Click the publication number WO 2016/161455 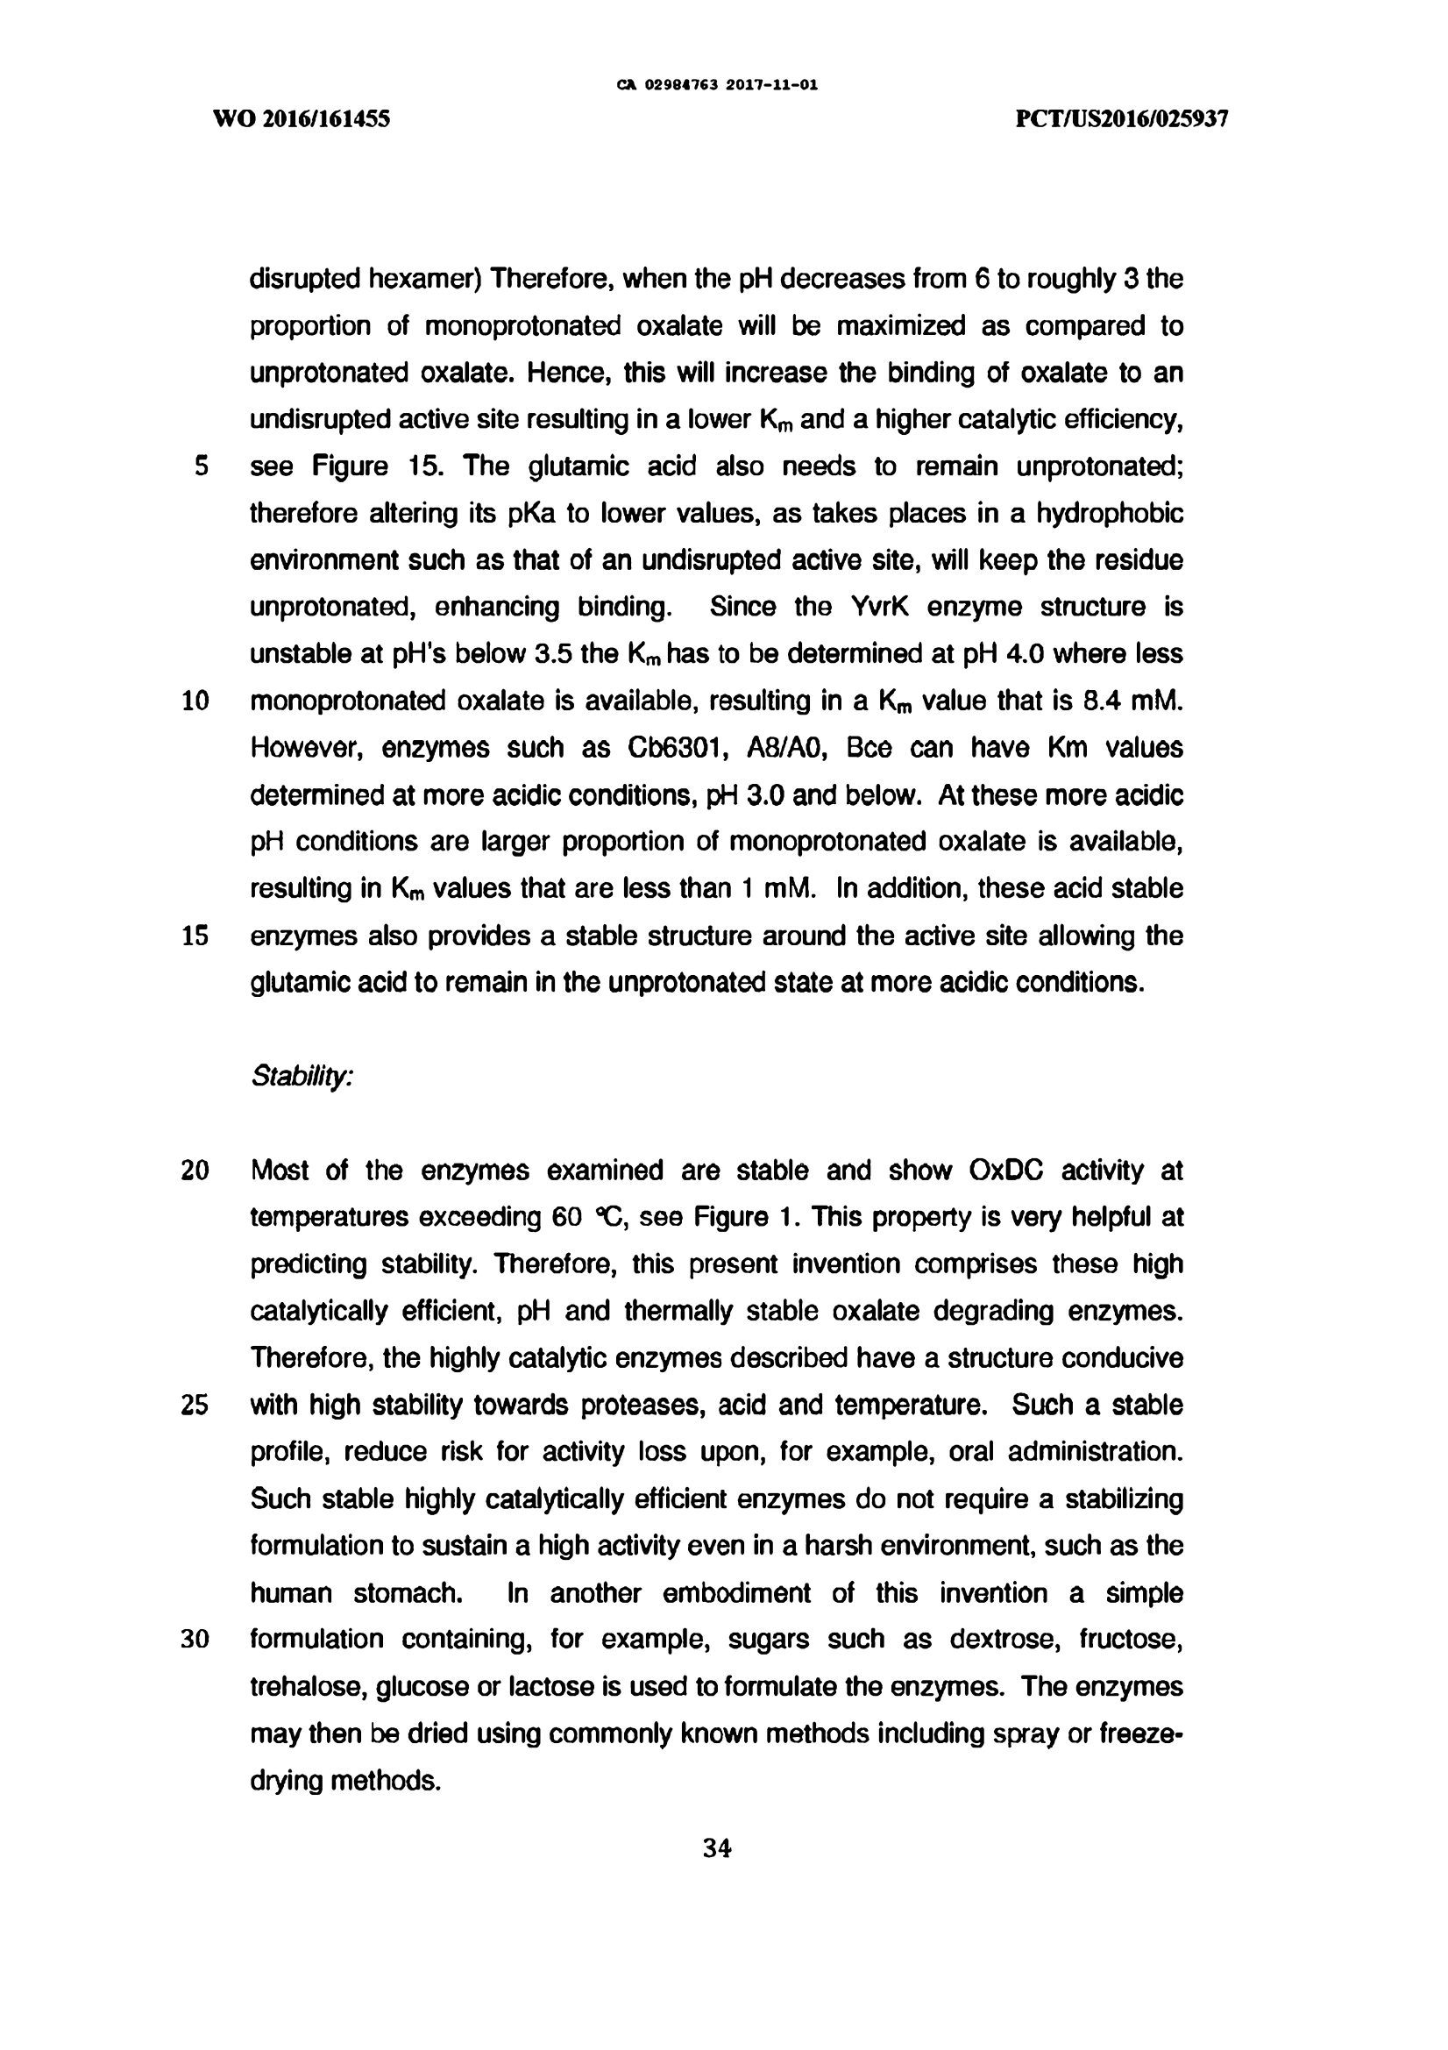point(302,118)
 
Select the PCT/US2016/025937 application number point(1122,118)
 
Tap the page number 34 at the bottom point(717,1848)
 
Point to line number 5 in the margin point(201,466)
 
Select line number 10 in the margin point(195,701)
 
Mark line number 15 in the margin point(195,936)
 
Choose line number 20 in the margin point(195,1171)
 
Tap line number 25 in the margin point(195,1406)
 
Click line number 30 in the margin point(195,1641)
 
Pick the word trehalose point(306,1688)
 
